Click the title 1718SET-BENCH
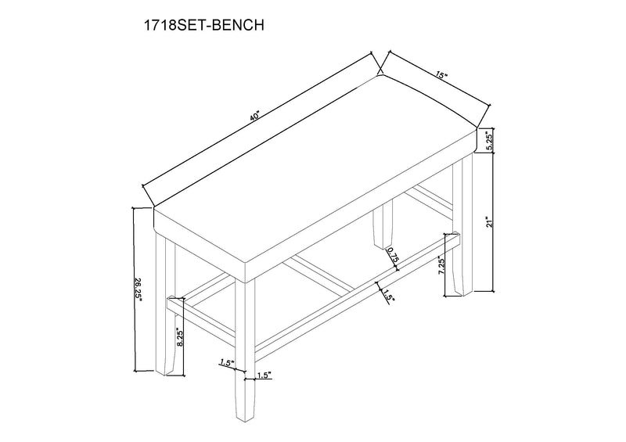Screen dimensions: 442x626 tap(201, 25)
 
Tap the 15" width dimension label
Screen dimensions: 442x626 tap(442, 77)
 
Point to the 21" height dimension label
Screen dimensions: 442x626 tap(487, 222)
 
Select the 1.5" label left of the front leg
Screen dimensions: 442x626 tap(227, 363)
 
